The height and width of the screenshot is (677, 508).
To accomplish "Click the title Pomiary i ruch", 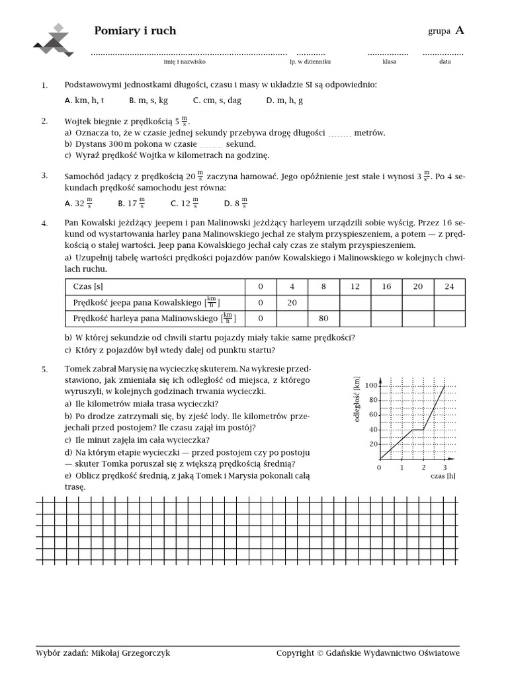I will [x=135, y=31].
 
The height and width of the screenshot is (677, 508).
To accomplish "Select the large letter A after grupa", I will [x=460, y=30].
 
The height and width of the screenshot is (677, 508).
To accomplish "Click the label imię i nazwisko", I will [x=185, y=61].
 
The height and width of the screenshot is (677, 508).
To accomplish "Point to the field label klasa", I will [x=389, y=61].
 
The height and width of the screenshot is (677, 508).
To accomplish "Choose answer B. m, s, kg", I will [x=148, y=100].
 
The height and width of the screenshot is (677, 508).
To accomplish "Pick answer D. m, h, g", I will [x=284, y=100].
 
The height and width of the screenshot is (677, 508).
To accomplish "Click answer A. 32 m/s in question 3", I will [x=78, y=204].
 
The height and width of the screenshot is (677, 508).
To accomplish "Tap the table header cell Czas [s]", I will [x=88, y=286].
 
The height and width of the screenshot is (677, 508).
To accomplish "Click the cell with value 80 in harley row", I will [x=323, y=319].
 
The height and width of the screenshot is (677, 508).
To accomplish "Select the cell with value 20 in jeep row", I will [x=292, y=302].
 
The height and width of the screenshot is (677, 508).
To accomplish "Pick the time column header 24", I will [x=449, y=286].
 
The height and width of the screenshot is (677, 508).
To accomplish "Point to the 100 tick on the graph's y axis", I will [x=370, y=385].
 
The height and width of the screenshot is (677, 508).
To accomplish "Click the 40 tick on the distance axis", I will [x=372, y=430].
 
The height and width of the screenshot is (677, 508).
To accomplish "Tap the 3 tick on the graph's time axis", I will [x=444, y=467].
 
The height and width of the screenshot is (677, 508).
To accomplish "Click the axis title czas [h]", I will [x=443, y=476].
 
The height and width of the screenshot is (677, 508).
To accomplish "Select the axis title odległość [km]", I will [x=357, y=399].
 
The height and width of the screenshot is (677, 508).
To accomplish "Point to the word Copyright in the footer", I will [x=295, y=653].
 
